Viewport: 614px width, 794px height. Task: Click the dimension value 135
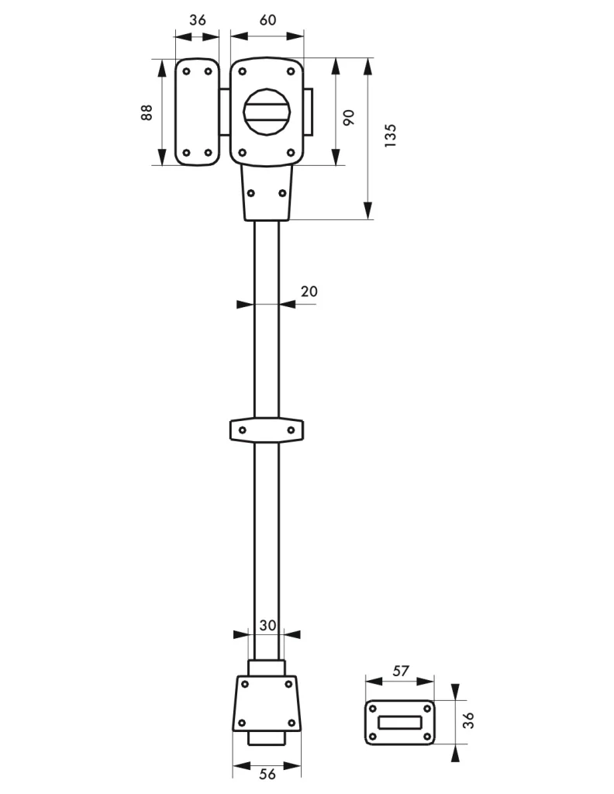pyautogui.click(x=390, y=135)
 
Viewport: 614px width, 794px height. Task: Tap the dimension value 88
pyautogui.click(x=147, y=112)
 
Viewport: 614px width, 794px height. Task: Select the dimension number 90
pyautogui.click(x=349, y=118)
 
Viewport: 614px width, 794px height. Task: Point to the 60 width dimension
pyautogui.click(x=267, y=19)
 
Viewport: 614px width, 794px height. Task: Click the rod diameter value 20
pyautogui.click(x=309, y=292)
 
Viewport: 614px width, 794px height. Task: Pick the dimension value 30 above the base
pyautogui.click(x=267, y=626)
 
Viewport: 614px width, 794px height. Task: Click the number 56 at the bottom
pyautogui.click(x=267, y=774)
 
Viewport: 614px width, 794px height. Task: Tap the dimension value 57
pyautogui.click(x=400, y=671)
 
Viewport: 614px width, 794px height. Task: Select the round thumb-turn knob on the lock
pyautogui.click(x=267, y=112)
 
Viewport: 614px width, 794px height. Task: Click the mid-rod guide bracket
pyautogui.click(x=267, y=430)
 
